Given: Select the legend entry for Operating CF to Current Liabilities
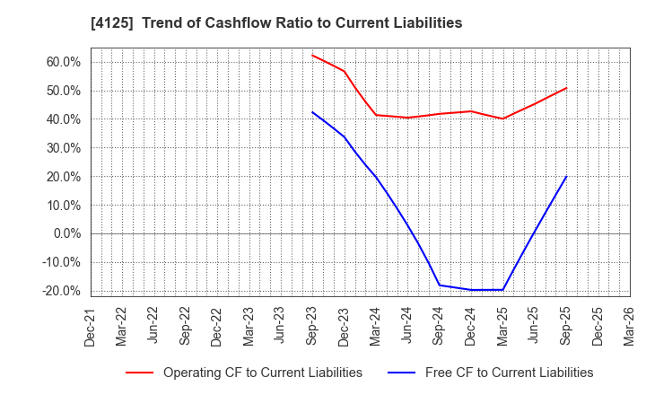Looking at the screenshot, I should (x=262, y=373).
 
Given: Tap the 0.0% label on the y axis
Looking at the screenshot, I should (x=66, y=233).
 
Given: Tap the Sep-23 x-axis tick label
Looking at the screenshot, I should (x=312, y=324).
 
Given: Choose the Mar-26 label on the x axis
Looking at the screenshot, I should (x=629, y=324).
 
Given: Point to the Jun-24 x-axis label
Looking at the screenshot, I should (x=407, y=324).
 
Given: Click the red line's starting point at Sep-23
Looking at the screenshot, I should (x=312, y=55).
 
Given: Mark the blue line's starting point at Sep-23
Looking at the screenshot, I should (x=312, y=112).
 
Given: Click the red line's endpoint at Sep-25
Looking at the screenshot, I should (x=566, y=88).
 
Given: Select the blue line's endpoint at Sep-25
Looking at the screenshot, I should (x=566, y=176).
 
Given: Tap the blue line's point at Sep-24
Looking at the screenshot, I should (x=439, y=285).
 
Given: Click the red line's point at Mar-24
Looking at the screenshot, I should (x=376, y=115).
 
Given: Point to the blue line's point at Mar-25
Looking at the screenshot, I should (x=502, y=290).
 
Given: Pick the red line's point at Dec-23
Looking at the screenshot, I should (x=344, y=71).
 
